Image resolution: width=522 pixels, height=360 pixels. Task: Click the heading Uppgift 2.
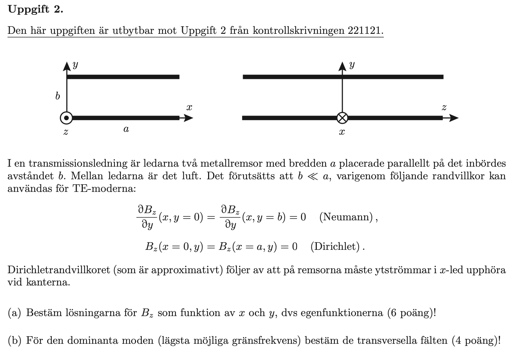(x=35, y=10)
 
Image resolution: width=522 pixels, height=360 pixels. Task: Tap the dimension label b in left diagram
(x=57, y=96)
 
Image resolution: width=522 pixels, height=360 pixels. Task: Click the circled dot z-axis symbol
(x=66, y=118)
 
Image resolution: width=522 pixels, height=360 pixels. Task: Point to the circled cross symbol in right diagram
(x=342, y=118)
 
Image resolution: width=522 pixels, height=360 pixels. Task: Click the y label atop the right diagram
(x=352, y=65)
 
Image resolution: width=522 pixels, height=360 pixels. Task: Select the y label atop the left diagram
(x=75, y=65)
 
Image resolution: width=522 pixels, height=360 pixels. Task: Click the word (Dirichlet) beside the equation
(x=336, y=247)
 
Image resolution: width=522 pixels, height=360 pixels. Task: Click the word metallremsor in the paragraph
(x=226, y=164)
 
